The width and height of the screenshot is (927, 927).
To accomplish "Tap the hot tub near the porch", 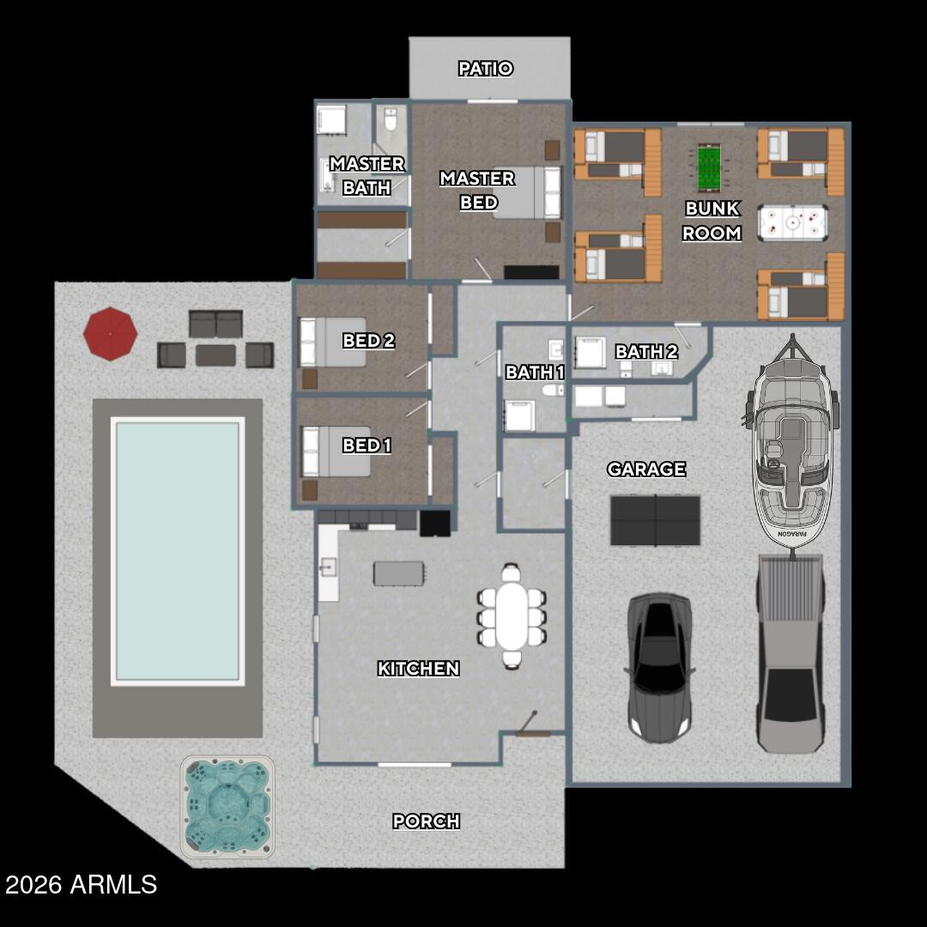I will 228,806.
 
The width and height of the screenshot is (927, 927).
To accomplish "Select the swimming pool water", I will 178,549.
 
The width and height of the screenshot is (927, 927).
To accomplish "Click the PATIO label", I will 486,69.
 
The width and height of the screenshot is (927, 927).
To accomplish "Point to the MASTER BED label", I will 477,190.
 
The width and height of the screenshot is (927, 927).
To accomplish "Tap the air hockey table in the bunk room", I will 791,221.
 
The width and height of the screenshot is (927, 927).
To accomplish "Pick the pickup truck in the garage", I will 790,652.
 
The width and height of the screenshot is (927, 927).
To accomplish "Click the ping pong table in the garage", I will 655,520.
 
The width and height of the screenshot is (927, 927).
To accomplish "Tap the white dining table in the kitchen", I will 512,616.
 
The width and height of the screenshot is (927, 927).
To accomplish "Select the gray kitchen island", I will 398,573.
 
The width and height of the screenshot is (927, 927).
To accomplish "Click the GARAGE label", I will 646,470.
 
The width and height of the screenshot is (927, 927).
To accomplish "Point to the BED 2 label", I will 368,341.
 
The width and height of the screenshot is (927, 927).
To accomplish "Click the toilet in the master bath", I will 391,120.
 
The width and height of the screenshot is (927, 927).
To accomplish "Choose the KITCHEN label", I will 418,669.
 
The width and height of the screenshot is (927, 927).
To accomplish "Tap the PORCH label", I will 426,821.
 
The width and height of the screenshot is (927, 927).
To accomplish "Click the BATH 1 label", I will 535,373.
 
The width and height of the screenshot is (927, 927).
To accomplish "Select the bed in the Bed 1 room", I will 337,451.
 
